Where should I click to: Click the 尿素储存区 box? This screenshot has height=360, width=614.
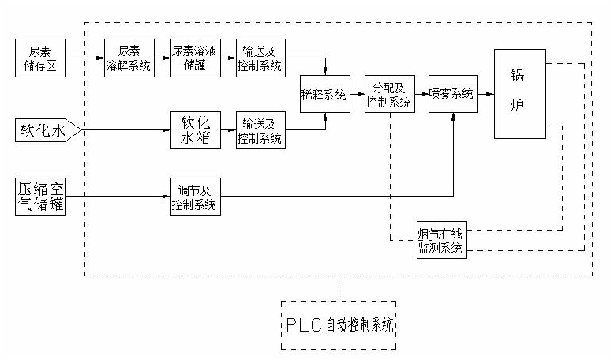(x=40, y=58)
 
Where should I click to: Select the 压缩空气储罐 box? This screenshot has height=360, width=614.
(x=40, y=196)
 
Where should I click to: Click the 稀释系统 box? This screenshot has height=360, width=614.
(x=324, y=94)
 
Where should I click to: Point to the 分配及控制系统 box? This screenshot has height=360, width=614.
(x=389, y=94)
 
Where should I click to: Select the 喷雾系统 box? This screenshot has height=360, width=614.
(x=453, y=94)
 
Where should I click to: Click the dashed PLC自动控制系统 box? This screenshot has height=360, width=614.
(x=339, y=325)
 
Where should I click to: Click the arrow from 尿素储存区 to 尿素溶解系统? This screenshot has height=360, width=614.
(x=84, y=58)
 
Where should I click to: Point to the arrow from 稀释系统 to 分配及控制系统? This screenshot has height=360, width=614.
(x=357, y=94)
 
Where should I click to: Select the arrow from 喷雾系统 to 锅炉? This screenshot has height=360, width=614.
(x=486, y=94)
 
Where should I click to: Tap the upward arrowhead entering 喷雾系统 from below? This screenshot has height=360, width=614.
(x=453, y=117)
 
